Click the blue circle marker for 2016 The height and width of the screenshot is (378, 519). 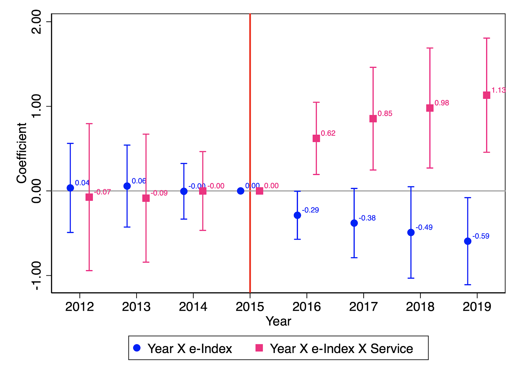tap(297, 215)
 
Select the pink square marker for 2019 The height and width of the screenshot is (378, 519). tap(486, 95)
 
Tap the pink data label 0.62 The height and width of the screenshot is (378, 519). tap(328, 133)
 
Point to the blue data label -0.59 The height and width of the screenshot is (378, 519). tap(481, 236)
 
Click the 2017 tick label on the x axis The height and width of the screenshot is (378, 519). tap(363, 307)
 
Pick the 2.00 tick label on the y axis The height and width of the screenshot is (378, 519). tap(36, 22)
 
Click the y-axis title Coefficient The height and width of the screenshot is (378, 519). tap(22, 153)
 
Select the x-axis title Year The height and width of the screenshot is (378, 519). tap(278, 321)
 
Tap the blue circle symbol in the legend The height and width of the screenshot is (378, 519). tap(137, 348)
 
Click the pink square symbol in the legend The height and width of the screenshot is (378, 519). tap(259, 348)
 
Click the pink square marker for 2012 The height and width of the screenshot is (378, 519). tap(89, 197)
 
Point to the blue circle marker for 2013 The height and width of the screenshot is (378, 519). tap(127, 186)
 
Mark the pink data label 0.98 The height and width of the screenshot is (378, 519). tap(441, 103)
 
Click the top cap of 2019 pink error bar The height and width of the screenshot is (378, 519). tap(486, 38)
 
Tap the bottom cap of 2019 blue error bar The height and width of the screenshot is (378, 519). tap(467, 284)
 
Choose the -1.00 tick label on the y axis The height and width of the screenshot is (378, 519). tap(36, 275)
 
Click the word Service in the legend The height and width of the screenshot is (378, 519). tap(392, 348)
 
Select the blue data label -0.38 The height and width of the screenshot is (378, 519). tap(367, 218)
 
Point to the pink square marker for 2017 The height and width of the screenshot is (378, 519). tap(373, 119)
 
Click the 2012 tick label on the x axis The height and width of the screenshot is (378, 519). tap(79, 307)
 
